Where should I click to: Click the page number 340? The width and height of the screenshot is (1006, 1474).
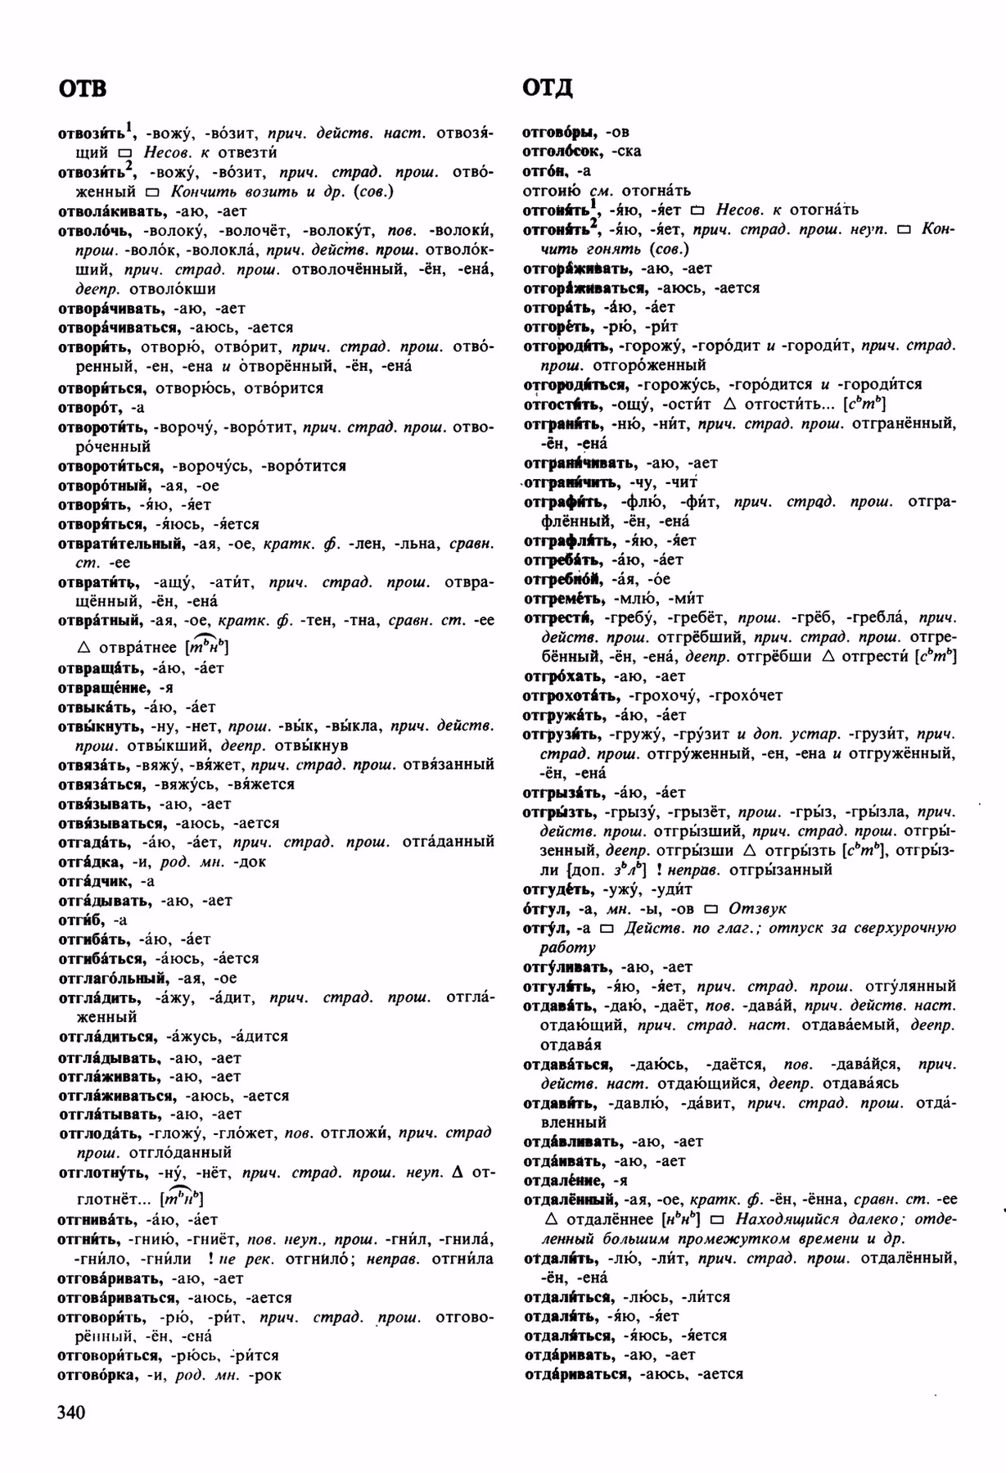point(71,1411)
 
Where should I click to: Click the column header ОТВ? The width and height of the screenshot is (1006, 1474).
point(83,88)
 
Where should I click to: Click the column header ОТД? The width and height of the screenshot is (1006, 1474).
point(547,88)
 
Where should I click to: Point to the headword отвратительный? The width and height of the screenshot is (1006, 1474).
point(123,543)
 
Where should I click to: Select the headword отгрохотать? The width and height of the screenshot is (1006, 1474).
point(570,695)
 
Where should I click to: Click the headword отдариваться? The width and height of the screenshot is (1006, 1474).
point(577,1374)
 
